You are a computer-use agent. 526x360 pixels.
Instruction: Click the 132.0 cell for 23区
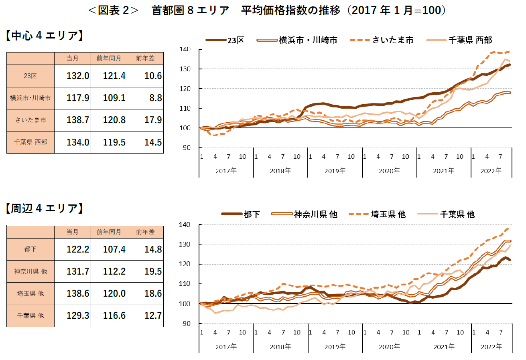click(78, 76)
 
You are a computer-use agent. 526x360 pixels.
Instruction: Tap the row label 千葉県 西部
click(30, 142)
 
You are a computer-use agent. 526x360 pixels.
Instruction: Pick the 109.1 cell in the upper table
click(114, 98)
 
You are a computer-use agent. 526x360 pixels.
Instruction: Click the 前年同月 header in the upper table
click(109, 59)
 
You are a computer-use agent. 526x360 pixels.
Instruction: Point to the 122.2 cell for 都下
click(78, 249)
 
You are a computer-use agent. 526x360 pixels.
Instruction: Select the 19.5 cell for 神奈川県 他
click(153, 271)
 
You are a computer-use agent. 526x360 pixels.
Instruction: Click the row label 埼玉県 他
click(30, 293)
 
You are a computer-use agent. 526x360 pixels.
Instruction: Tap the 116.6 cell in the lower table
click(114, 316)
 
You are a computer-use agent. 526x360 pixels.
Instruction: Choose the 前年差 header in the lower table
click(145, 232)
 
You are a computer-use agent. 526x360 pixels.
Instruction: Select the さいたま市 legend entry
click(393, 40)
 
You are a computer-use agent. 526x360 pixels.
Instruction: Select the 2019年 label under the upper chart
click(335, 170)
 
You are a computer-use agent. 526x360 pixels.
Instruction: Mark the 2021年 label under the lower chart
click(444, 346)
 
